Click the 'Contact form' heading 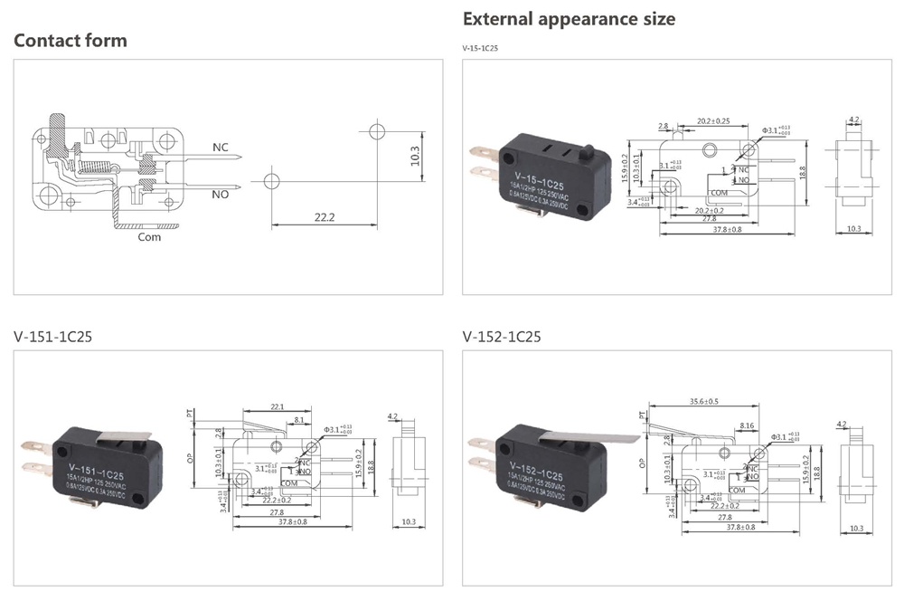click(x=71, y=41)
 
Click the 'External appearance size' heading click(x=569, y=19)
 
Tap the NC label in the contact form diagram click(x=221, y=147)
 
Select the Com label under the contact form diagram click(x=149, y=237)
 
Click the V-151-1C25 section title click(x=52, y=337)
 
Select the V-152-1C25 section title click(x=502, y=337)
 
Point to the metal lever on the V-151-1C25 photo click(x=120, y=436)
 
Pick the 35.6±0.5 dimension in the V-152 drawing click(x=704, y=401)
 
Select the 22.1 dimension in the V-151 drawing click(x=278, y=407)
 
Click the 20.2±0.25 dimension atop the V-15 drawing click(x=713, y=120)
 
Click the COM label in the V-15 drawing click(x=720, y=193)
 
